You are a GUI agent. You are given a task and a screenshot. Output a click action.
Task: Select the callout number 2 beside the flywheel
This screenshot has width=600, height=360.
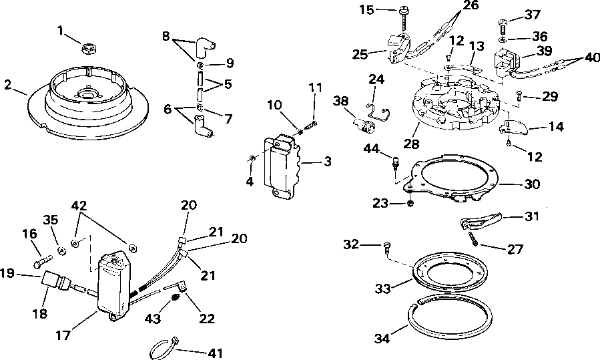pos(7,84)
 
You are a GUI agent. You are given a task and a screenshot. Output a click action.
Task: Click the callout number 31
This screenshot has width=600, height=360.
pos(532,216)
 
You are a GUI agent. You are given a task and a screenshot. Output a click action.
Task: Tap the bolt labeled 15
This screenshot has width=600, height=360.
pos(405,12)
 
